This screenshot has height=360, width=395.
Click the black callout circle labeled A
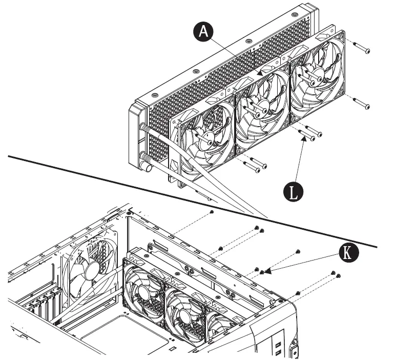(x=204, y=32)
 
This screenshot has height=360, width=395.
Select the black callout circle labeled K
(x=348, y=252)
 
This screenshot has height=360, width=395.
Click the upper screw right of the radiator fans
(x=362, y=49)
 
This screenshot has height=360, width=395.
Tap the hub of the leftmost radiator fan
(x=207, y=138)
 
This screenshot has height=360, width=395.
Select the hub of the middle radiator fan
(x=261, y=108)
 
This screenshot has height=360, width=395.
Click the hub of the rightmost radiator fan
(x=316, y=78)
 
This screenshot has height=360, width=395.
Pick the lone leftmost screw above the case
(x=212, y=211)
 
